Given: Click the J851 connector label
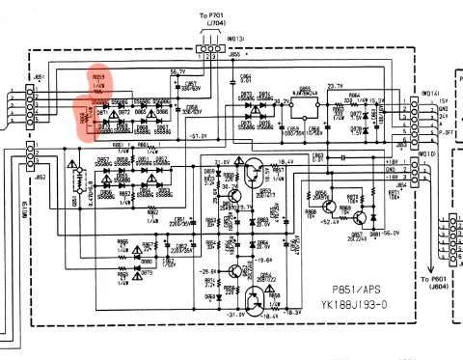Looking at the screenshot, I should click(39, 75).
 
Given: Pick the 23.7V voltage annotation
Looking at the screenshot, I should click(335, 85).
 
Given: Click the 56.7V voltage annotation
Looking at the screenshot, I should click(177, 71).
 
